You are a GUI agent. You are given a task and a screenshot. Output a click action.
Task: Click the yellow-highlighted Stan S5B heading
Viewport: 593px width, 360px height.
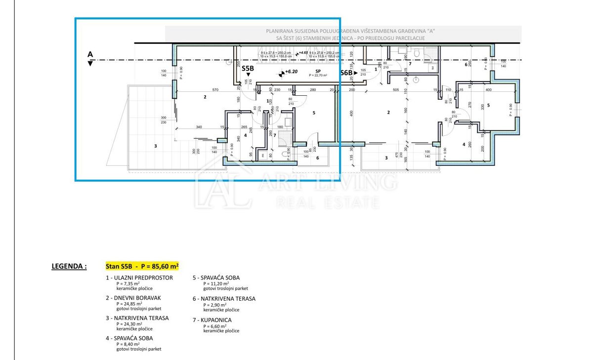point(142,266)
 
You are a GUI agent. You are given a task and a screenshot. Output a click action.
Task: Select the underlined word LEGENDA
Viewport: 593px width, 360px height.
point(69,266)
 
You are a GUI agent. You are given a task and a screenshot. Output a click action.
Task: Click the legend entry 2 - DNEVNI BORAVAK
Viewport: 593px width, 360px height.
point(133,298)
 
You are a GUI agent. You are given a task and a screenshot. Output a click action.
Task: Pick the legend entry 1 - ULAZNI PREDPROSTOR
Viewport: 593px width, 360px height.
point(139,278)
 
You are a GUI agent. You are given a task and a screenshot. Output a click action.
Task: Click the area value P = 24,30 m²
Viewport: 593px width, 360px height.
point(128,324)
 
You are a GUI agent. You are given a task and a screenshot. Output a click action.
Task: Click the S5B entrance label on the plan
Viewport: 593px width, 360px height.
point(248,69)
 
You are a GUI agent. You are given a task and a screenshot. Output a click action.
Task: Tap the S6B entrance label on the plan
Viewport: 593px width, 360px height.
point(346,73)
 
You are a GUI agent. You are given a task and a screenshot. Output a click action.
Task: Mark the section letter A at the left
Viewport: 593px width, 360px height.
point(90,54)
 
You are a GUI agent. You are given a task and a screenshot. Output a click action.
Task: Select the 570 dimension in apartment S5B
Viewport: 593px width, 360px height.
point(215,89)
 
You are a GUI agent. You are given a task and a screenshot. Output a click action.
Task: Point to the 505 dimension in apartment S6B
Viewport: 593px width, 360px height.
point(395,90)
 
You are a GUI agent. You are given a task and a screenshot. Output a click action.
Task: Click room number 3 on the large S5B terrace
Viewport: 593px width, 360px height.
point(156,146)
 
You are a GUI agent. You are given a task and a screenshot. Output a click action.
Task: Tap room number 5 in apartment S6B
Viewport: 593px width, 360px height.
point(488,105)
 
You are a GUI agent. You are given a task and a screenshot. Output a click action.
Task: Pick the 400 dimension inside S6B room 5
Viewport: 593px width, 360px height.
point(488,90)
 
